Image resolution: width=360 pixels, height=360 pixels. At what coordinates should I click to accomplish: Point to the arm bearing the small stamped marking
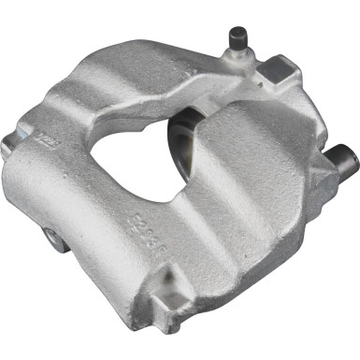(56, 150)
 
